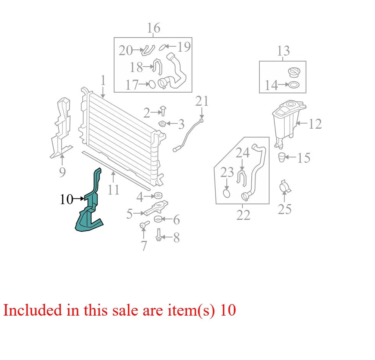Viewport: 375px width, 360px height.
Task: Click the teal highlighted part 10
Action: (x=90, y=210)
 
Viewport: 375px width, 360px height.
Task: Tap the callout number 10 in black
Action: (x=66, y=199)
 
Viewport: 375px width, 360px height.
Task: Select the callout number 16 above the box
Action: (x=153, y=28)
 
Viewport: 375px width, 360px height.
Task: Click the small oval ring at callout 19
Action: (x=162, y=47)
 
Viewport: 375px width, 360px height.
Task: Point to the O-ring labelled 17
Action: (x=152, y=84)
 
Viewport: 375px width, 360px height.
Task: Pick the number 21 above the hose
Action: (x=202, y=101)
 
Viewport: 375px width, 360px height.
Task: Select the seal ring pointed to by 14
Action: (x=294, y=85)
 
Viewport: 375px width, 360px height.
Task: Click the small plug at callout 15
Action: (x=282, y=157)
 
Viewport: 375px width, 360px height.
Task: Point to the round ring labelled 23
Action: (x=226, y=193)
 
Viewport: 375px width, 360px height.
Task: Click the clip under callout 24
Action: (x=242, y=178)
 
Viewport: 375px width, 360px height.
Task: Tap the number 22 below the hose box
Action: (x=243, y=215)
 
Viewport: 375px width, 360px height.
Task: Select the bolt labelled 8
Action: (x=158, y=235)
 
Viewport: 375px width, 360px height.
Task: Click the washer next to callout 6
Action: (x=158, y=219)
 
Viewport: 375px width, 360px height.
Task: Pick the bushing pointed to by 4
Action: (x=158, y=196)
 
